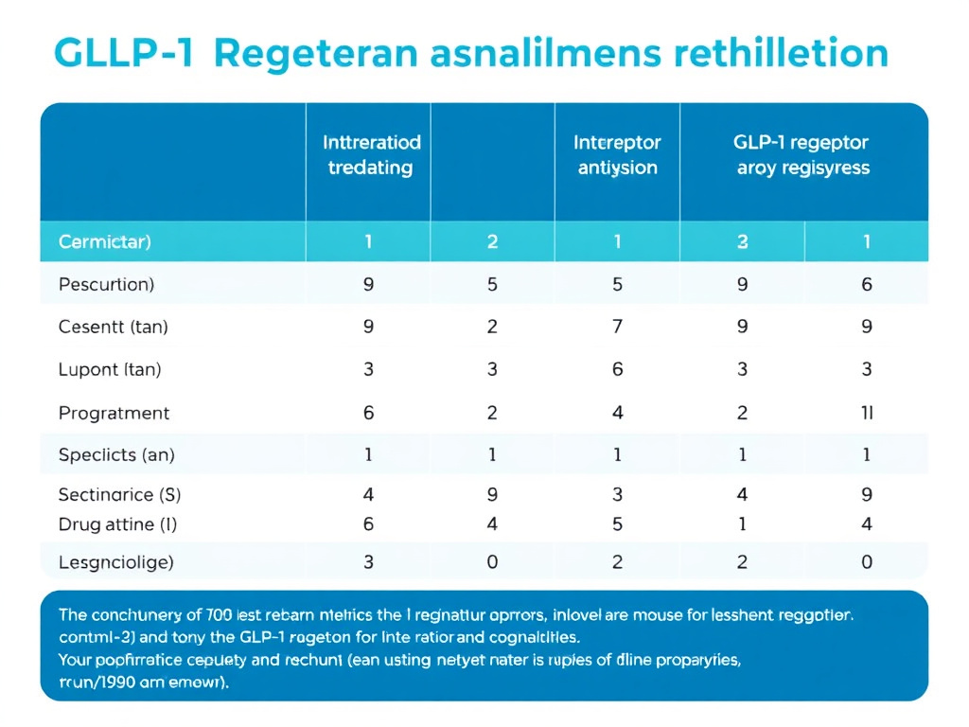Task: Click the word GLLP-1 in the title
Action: [x=124, y=53]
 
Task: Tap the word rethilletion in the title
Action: [x=783, y=53]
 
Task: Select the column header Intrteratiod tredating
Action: [x=370, y=155]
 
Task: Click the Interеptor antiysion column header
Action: [x=617, y=155]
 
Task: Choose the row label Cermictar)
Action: [x=105, y=241]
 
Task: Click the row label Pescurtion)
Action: [x=106, y=284]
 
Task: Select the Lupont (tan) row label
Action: [x=110, y=369]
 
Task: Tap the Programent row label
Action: [x=114, y=413]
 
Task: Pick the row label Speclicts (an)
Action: [x=116, y=454]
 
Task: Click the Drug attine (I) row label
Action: [x=117, y=523]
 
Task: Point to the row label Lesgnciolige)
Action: [x=115, y=562]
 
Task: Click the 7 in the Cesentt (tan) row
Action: [x=617, y=327]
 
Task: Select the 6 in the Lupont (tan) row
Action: [x=617, y=369]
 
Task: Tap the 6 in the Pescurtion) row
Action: [x=867, y=284]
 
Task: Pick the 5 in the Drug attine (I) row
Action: [x=617, y=523]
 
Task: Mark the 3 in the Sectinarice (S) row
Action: [x=617, y=493]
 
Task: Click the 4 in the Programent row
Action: [x=617, y=413]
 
